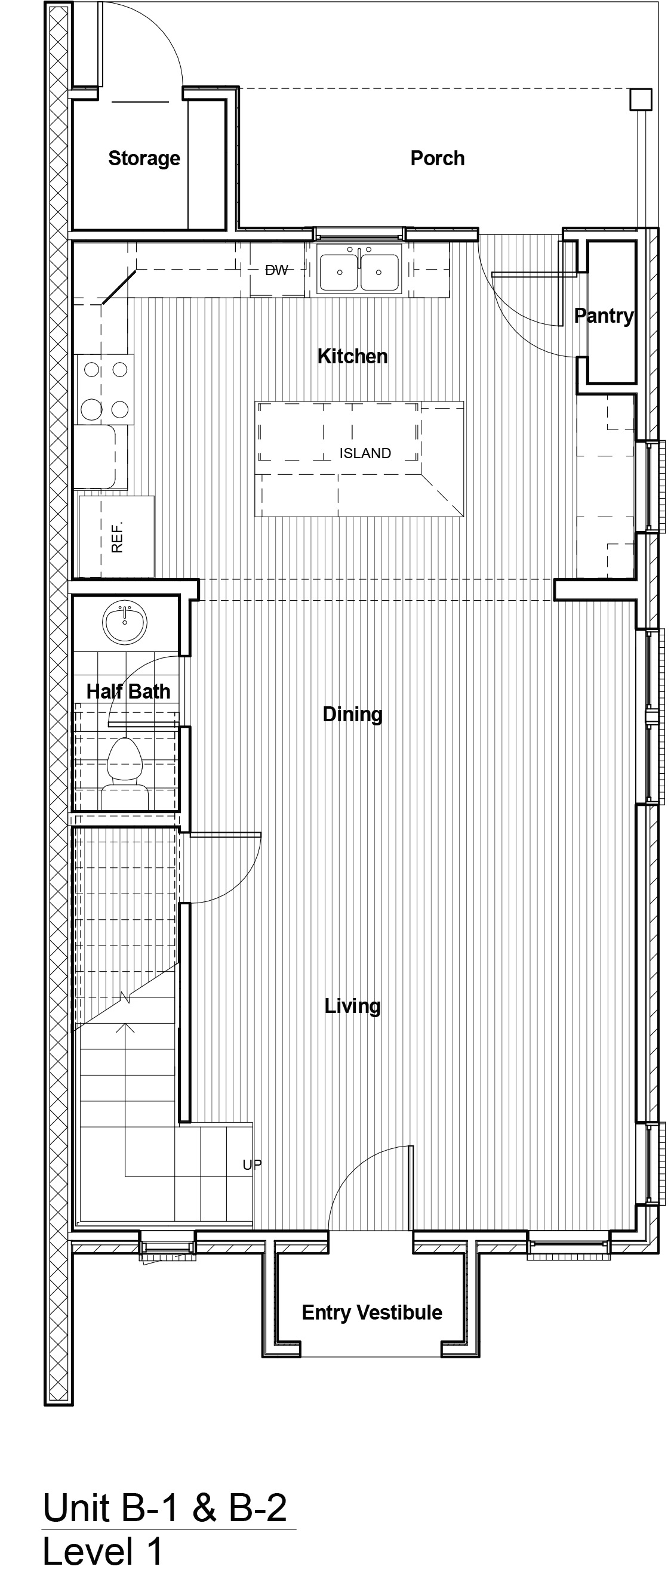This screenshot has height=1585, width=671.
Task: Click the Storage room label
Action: (144, 158)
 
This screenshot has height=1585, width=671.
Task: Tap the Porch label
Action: (438, 158)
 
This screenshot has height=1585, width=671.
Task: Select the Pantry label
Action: (604, 316)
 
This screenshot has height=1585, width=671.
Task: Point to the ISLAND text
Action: (365, 453)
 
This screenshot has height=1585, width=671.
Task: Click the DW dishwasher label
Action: (276, 270)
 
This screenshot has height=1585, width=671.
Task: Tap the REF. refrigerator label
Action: (117, 537)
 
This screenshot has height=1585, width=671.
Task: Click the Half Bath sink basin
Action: (125, 623)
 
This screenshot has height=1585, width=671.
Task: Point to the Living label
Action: (353, 1006)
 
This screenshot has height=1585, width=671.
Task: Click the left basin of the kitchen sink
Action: (339, 272)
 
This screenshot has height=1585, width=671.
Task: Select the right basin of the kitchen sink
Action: (379, 272)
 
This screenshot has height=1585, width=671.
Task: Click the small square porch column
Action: (641, 100)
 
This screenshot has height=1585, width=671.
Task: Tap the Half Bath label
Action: (128, 691)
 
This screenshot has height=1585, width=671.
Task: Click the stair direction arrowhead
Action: (125, 1027)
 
